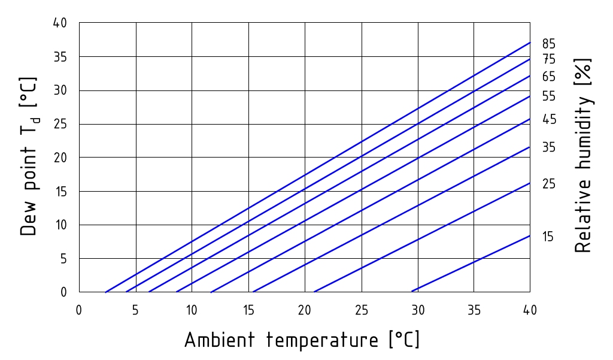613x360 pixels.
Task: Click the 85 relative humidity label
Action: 549,44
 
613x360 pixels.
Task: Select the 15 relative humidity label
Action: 548,237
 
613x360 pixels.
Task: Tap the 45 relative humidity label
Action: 549,120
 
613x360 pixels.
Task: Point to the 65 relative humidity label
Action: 549,77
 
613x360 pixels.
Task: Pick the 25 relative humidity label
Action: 549,184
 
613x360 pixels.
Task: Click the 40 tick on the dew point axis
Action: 60,23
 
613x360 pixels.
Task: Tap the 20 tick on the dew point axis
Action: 60,158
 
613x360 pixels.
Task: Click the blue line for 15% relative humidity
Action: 474,263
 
